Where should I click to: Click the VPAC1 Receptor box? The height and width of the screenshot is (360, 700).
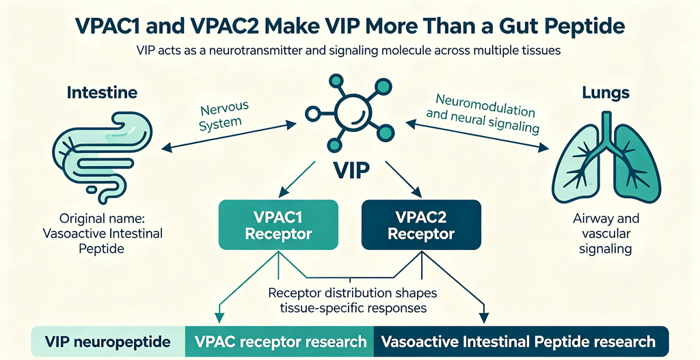pyautogui.click(x=278, y=224)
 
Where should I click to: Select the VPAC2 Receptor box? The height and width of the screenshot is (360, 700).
pyautogui.click(x=421, y=224)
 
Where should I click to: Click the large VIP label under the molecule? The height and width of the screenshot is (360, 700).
pyautogui.click(x=351, y=171)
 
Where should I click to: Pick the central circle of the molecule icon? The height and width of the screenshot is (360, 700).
pyautogui.click(x=350, y=111)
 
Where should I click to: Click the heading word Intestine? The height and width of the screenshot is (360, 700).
pyautogui.click(x=103, y=93)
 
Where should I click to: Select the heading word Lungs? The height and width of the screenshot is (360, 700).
pyautogui.click(x=606, y=93)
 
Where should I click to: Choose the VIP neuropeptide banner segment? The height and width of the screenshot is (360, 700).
pyautogui.click(x=107, y=342)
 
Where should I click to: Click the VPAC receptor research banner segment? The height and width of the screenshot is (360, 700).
pyautogui.click(x=280, y=342)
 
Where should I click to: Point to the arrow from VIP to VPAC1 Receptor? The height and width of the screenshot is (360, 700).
pyautogui.click(x=297, y=180)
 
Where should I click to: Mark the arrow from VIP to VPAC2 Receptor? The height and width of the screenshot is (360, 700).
pyautogui.click(x=403, y=180)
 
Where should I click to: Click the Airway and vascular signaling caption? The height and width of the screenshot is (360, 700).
pyautogui.click(x=606, y=234)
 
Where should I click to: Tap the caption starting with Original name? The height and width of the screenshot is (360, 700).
pyautogui.click(x=103, y=234)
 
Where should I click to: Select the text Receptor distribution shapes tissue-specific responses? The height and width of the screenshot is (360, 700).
pyautogui.click(x=353, y=301)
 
